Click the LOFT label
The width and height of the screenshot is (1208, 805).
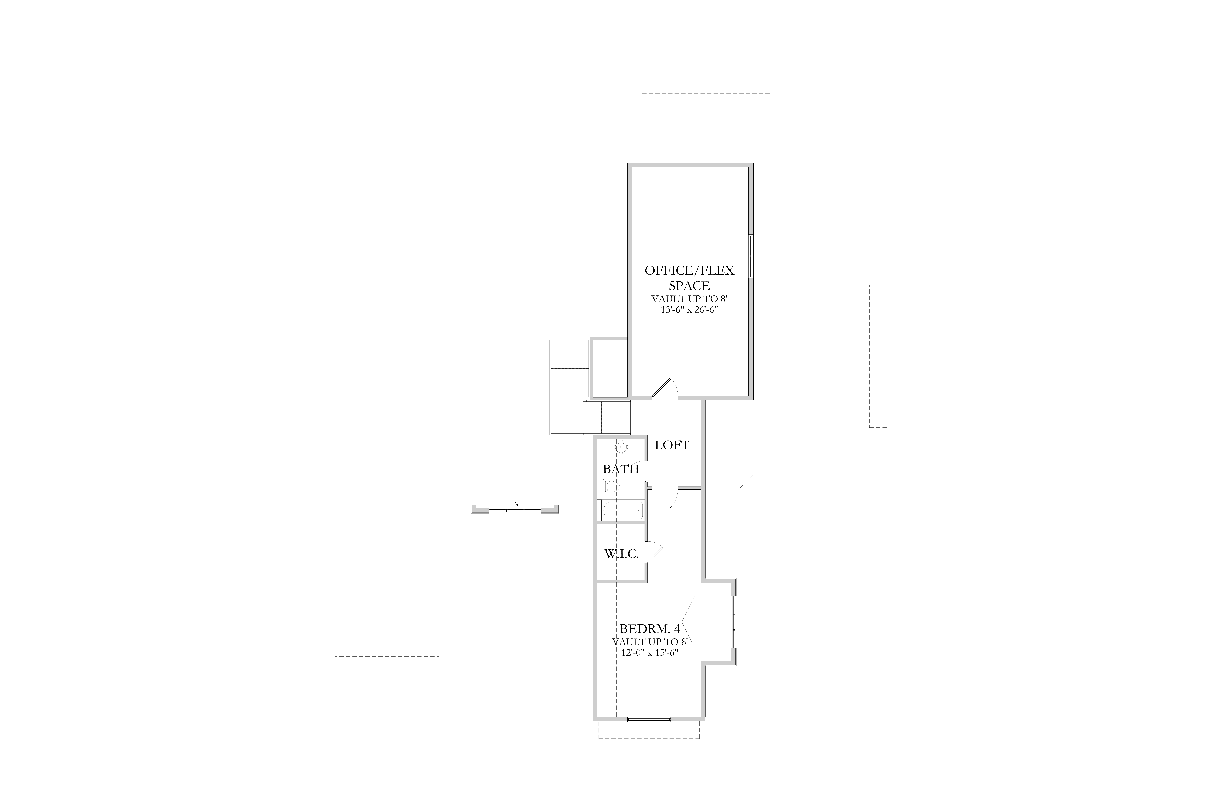tap(672, 445)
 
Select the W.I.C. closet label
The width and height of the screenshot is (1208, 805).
tap(621, 554)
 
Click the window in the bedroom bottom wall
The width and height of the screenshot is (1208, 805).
tap(649, 719)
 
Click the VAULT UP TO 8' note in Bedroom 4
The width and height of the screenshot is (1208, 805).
tap(650, 642)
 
